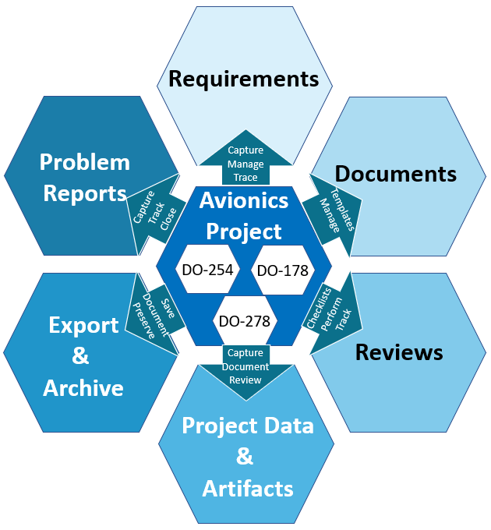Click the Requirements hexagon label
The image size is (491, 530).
click(x=244, y=79)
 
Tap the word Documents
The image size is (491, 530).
click(x=395, y=173)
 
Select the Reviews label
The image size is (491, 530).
click(x=399, y=352)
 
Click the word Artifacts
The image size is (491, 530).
click(x=248, y=489)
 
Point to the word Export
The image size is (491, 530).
click(x=83, y=325)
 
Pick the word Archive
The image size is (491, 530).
click(x=83, y=388)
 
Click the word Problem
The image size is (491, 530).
click(x=85, y=162)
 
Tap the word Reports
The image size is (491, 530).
click(x=85, y=193)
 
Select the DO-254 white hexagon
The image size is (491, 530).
click(x=206, y=270)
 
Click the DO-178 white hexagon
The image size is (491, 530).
click(x=282, y=270)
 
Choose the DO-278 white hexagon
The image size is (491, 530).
click(x=244, y=321)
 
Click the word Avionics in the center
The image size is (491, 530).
click(x=244, y=201)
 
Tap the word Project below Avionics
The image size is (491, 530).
click(x=244, y=231)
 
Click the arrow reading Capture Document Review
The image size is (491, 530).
click(x=245, y=367)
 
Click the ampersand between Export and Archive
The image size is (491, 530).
click(x=81, y=357)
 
